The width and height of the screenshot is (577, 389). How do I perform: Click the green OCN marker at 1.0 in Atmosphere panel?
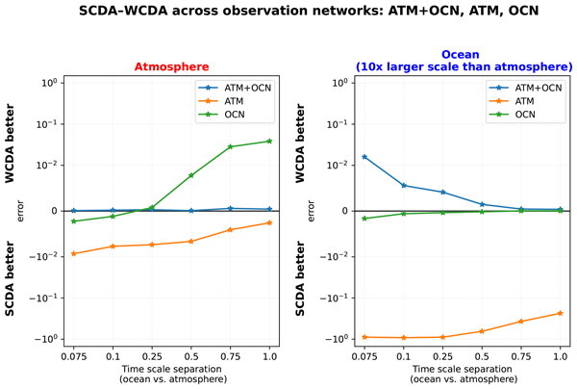coord(269,142)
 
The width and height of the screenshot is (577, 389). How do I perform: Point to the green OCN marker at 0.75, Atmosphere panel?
coord(230,146)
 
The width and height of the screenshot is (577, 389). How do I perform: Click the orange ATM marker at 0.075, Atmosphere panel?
coord(74,253)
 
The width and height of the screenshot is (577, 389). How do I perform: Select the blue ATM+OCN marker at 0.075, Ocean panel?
coord(364,157)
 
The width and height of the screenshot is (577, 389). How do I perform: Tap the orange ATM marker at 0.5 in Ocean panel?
coord(482,331)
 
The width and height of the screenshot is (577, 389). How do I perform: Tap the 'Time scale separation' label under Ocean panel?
coord(462,369)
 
